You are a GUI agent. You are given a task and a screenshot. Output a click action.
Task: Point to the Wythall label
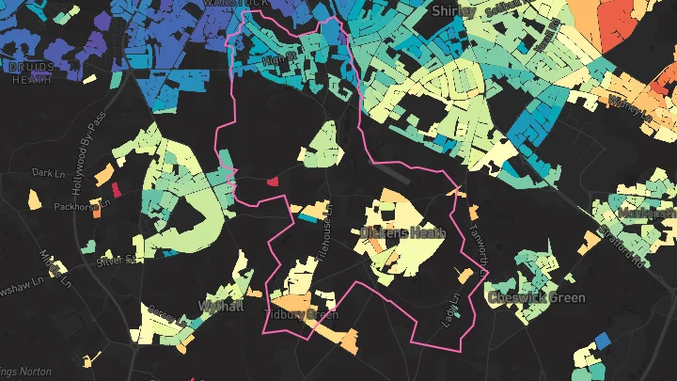click(x=223, y=306)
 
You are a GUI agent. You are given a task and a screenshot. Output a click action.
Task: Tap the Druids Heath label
click(x=30, y=73)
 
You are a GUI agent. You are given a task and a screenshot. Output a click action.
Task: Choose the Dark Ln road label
click(x=45, y=173)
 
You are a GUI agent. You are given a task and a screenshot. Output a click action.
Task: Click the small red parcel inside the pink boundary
click(x=273, y=180)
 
